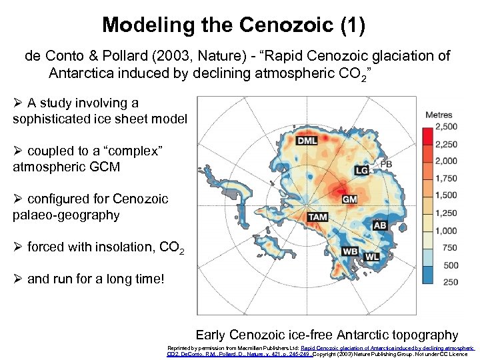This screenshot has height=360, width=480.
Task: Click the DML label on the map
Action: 307,141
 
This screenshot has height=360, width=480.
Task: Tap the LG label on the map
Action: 362,171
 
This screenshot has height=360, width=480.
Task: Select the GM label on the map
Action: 349,199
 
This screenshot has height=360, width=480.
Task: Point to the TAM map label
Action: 318,217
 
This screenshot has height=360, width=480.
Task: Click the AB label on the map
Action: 380,225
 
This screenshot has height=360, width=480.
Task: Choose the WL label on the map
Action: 372,256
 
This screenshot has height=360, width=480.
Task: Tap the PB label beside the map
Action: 385,164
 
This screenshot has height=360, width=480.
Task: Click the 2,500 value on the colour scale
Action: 446,126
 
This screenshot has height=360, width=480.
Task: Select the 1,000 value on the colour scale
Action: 446,231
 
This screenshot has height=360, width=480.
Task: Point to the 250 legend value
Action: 450,282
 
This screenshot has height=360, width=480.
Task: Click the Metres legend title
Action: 438,115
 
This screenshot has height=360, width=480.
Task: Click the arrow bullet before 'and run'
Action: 18,279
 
